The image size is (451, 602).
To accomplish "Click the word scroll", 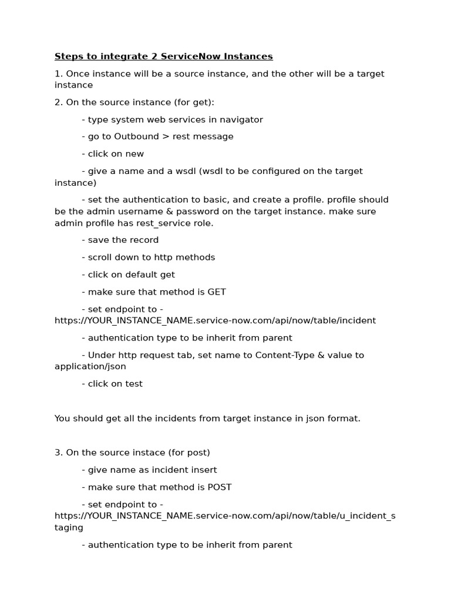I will click(x=100, y=257).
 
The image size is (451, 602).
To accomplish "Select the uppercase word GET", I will click(x=216, y=292).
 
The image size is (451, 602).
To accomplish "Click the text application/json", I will click(x=90, y=366).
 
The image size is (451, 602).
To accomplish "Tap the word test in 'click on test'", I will click(x=133, y=383).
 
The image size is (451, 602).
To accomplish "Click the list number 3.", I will click(x=58, y=452).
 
